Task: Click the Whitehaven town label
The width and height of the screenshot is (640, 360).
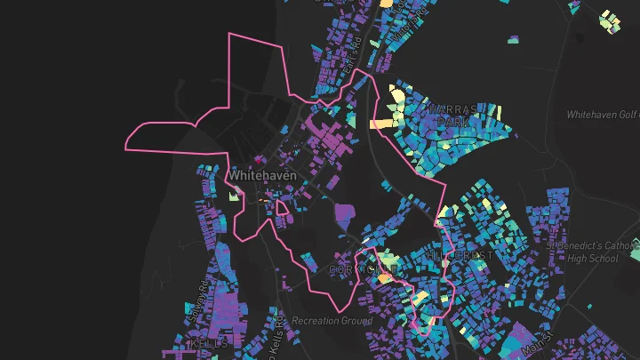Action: coord(260,176)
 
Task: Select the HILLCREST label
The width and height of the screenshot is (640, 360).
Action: coord(460,255)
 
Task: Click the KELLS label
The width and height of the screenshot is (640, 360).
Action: coord(209,342)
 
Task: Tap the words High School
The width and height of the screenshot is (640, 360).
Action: coord(593,258)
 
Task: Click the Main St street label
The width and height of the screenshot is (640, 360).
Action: coord(536,340)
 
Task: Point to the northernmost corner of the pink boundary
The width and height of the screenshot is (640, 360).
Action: coord(231,35)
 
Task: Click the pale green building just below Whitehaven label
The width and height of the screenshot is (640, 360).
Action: coord(236,196)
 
